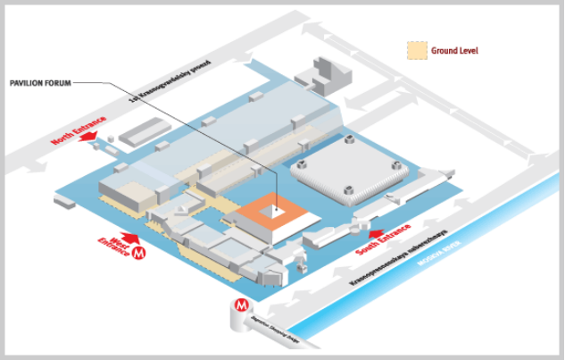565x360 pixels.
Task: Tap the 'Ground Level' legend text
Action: (454, 51)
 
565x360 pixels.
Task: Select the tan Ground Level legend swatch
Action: (417, 51)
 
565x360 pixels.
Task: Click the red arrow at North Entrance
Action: (92, 150)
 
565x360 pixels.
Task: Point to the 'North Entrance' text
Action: (79, 131)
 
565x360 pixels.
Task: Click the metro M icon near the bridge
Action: (242, 306)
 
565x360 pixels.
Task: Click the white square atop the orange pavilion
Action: (277, 212)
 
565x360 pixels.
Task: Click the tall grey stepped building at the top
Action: (322, 75)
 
